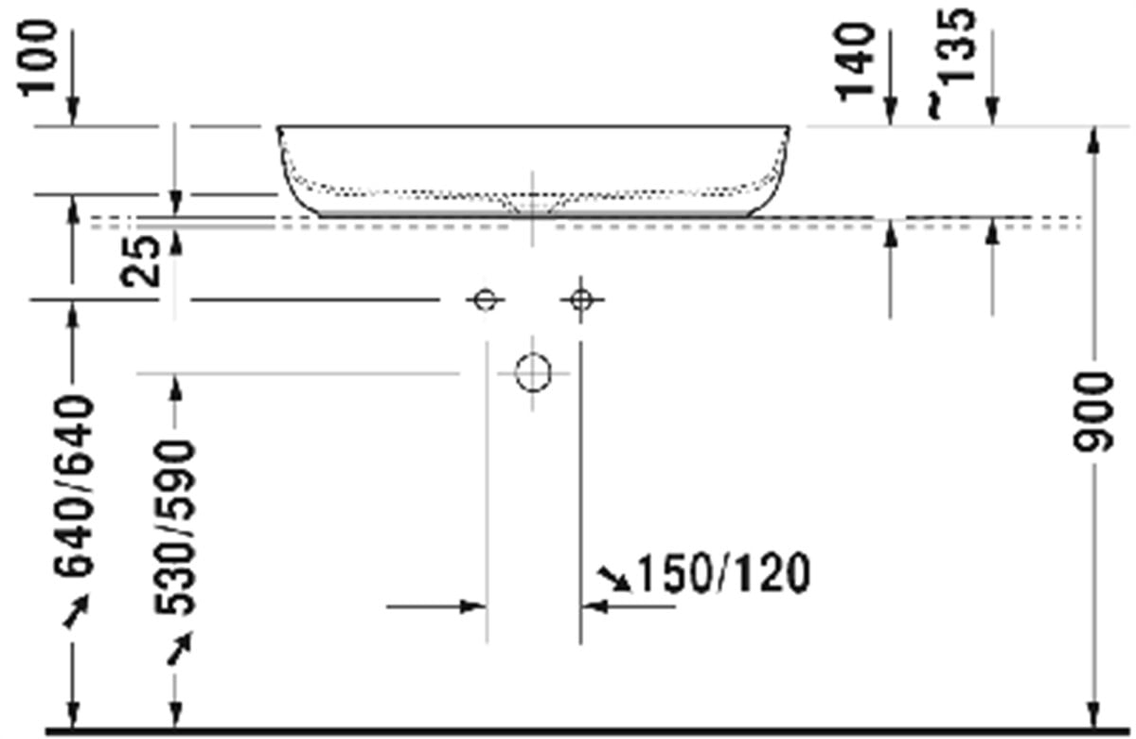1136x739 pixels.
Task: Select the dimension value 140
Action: (856, 61)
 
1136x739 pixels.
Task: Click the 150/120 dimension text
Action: (723, 574)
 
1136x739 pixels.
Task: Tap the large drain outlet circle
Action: (533, 372)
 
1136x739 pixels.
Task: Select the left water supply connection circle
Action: (485, 300)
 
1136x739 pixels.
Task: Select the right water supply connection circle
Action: (581, 300)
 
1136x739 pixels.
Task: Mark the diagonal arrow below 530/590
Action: (178, 649)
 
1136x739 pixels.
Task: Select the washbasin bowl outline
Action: (533, 169)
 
